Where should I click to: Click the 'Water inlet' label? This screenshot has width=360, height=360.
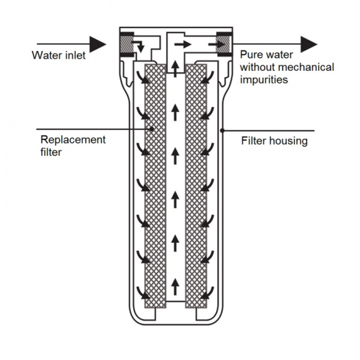click(x=59, y=55)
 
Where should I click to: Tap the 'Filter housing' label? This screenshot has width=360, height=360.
click(x=275, y=141)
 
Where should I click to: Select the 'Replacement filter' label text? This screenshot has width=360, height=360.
click(x=73, y=146)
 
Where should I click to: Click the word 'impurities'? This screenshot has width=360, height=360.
click(x=264, y=80)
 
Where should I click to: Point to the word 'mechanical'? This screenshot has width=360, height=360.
click(x=306, y=68)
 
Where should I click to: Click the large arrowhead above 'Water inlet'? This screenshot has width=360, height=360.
click(x=98, y=44)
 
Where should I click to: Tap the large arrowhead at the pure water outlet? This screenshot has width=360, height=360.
click(x=309, y=44)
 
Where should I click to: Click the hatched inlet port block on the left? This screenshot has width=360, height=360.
click(x=126, y=45)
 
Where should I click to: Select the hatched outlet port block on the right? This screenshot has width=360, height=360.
click(x=225, y=45)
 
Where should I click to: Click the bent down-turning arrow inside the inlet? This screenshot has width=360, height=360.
click(x=138, y=46)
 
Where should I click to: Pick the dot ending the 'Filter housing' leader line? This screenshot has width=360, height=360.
click(x=222, y=131)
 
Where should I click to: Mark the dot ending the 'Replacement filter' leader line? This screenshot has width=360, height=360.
click(x=152, y=129)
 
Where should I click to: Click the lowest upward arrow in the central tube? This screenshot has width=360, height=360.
click(x=175, y=287)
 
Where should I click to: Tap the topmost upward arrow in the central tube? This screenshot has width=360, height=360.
click(x=175, y=68)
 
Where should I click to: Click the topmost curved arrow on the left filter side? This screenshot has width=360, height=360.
click(x=142, y=77)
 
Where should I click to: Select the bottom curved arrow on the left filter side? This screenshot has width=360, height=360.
click(x=142, y=292)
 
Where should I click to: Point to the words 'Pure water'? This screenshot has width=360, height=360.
click(x=266, y=55)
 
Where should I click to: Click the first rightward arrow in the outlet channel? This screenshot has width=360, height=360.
click(x=183, y=45)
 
